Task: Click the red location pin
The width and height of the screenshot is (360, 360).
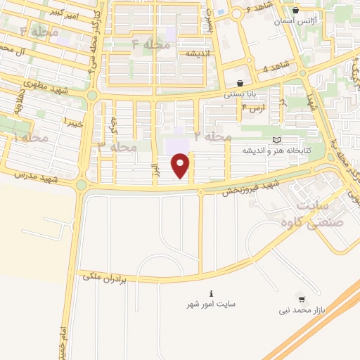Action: point(181,165)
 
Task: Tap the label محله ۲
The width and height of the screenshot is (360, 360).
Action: point(212,134)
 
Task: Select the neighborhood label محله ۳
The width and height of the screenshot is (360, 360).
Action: point(117,147)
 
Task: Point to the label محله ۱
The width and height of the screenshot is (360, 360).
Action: point(30,136)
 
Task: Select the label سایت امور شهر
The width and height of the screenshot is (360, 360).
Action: point(211,304)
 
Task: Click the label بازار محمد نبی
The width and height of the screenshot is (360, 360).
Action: point(302,309)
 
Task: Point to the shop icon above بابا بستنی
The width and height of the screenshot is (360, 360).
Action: point(240,82)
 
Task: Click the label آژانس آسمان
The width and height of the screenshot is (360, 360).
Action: point(295,22)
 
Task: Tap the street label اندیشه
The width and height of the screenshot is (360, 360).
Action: point(199,53)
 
